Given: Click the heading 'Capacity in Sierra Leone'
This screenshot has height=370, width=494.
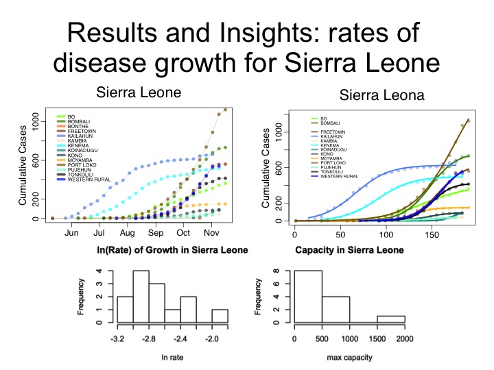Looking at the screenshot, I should point(349,249).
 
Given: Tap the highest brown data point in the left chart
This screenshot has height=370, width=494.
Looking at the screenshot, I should point(225,110).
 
